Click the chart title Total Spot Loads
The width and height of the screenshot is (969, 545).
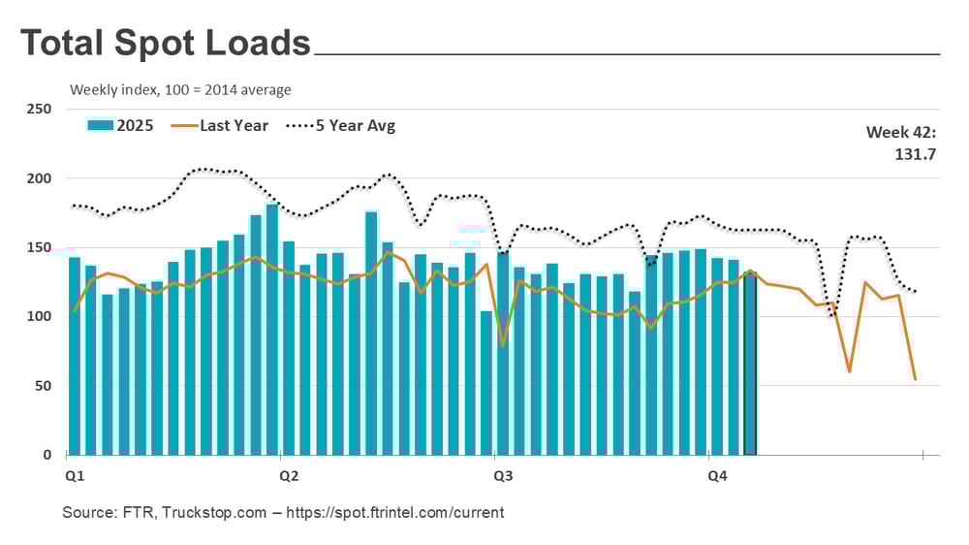coord(166,44)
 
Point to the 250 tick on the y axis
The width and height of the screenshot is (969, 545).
coord(39,109)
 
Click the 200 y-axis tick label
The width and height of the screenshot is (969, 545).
coord(39,178)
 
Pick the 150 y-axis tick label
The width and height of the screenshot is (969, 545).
coord(39,247)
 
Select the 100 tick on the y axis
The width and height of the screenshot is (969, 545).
coord(39,316)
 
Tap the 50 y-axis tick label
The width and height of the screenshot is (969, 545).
coord(43,386)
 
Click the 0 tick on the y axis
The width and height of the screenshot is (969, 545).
coord(47,455)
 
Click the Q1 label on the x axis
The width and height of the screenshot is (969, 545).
coord(74,476)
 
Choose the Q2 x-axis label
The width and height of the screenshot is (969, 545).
coord(288,476)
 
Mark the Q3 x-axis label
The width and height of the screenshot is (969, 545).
coord(502,476)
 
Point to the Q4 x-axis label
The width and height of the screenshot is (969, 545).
coord(716,476)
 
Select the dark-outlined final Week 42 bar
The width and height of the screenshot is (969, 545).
coord(750,364)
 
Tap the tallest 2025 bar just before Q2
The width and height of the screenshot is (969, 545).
coord(272,330)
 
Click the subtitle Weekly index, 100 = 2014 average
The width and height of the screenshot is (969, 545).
coord(180,90)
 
